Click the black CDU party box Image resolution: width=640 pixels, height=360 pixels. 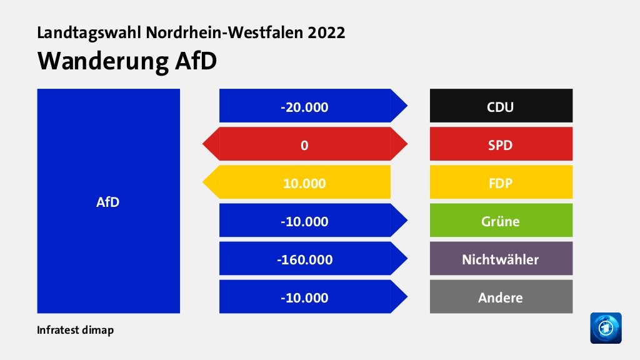click(x=501, y=106)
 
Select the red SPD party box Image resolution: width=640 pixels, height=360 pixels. click(x=501, y=144)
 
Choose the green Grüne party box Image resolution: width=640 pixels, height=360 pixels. click(x=501, y=220)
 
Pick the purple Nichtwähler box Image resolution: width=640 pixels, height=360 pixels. click(x=501, y=258)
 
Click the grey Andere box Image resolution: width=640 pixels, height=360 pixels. click(x=501, y=297)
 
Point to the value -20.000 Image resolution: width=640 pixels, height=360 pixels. click(x=304, y=106)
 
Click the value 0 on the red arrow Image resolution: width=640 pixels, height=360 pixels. click(x=304, y=144)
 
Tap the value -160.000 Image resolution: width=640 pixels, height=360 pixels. click(x=304, y=259)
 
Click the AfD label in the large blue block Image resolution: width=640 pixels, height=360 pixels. click(x=108, y=202)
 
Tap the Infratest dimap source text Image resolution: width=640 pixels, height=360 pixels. click(x=76, y=330)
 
